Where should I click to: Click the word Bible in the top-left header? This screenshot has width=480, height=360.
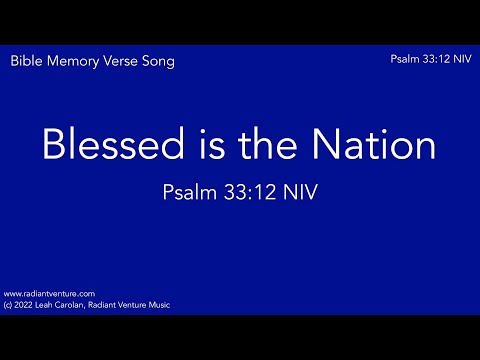click(26, 61)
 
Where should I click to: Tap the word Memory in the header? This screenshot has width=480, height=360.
click(73, 61)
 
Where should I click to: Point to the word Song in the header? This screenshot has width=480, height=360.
click(160, 61)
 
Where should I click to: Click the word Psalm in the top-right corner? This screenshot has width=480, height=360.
click(407, 60)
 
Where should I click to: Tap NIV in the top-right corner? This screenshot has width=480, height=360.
click(464, 60)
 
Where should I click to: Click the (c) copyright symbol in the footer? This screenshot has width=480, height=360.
click(9, 304)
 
